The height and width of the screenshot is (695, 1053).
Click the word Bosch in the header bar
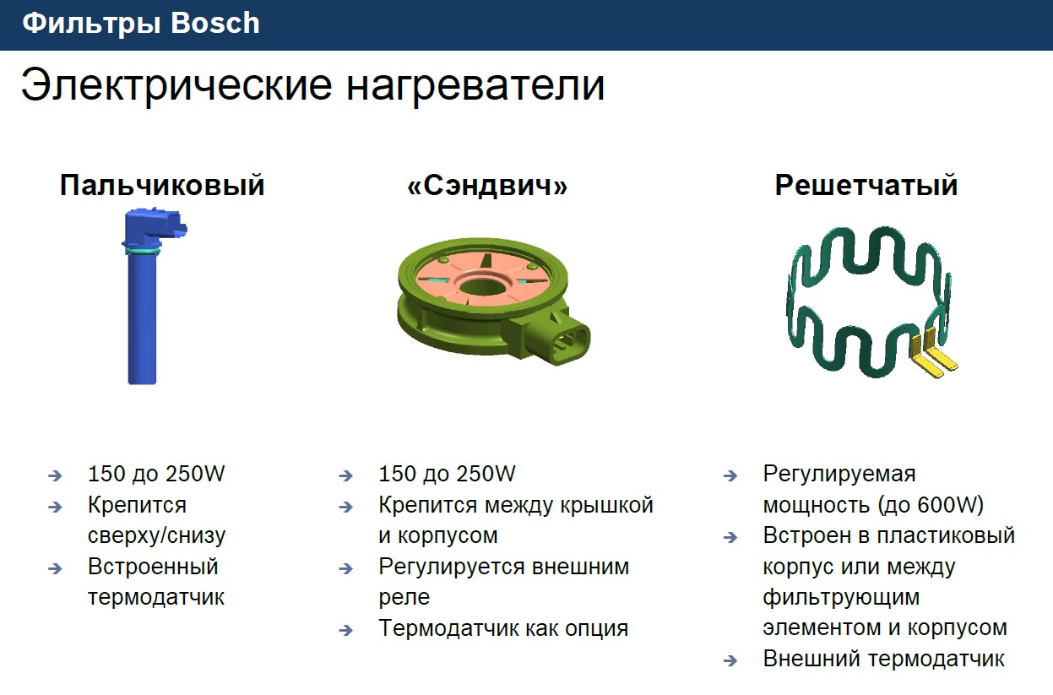pos(214,23)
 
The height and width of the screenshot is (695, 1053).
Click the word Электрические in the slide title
pos(176,85)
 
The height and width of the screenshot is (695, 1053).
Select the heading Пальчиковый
pos(162,186)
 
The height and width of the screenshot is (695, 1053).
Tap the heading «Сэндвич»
pos(487,186)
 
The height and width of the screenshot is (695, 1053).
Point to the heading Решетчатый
pos(866,186)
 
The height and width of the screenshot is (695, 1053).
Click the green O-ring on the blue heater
pos(142,252)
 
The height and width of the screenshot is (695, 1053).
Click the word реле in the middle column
pos(404,597)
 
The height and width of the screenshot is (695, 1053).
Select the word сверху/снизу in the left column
pos(156,536)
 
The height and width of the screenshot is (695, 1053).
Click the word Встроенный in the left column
pos(153,567)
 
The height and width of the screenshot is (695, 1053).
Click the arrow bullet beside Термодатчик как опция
pos(345,631)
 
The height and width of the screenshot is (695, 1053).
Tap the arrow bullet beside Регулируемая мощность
pos(730,476)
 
